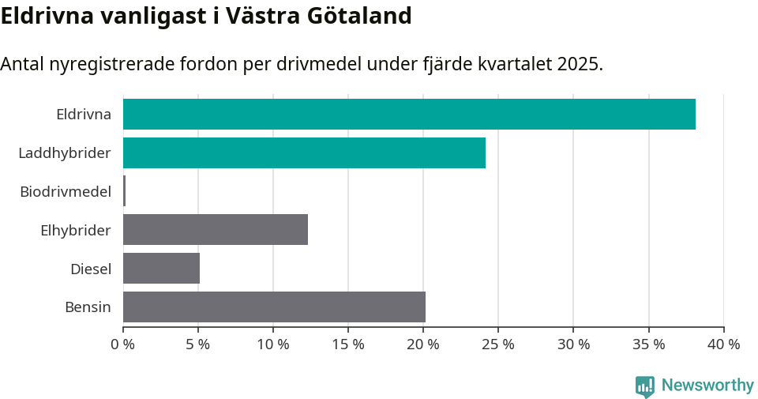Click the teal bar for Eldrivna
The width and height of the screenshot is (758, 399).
(409, 115)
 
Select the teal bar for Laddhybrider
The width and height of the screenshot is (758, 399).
(304, 152)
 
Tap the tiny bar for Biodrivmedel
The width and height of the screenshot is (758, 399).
(125, 191)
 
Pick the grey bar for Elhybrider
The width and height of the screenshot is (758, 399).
(216, 230)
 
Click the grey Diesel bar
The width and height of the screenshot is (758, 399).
(161, 269)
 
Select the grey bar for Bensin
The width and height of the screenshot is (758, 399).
(274, 307)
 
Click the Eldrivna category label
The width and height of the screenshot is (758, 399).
(84, 115)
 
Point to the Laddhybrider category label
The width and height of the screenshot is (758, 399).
(65, 152)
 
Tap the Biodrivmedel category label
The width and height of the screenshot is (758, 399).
(66, 191)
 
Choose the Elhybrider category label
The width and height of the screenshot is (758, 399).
(76, 230)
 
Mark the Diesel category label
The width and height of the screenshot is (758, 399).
(91, 269)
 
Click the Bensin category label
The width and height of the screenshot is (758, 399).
(88, 307)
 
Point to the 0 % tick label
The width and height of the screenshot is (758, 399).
(123, 344)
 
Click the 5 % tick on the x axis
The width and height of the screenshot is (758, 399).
(198, 344)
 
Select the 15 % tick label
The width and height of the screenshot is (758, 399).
(348, 344)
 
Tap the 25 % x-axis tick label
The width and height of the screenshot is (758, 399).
(498, 344)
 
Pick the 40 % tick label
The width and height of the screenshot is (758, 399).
(723, 344)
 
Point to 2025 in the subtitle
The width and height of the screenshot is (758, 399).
(579, 64)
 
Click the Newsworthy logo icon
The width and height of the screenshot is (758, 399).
(645, 386)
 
